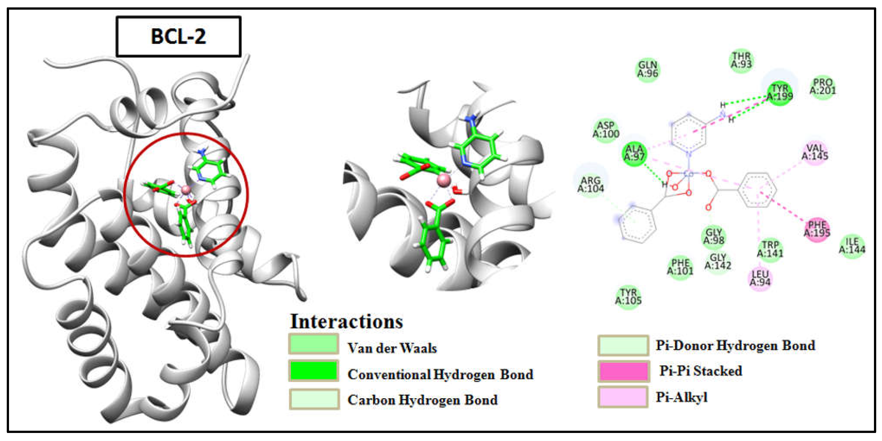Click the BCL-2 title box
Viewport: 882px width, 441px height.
coord(178,36)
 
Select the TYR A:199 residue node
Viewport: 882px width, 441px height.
coord(780,92)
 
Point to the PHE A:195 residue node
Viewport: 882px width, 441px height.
coord(817,229)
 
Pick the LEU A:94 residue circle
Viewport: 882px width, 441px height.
coord(760,278)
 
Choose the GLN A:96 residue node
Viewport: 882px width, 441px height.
coord(648,69)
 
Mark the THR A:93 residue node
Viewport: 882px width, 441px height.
coord(741,60)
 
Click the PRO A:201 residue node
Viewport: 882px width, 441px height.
coord(823,87)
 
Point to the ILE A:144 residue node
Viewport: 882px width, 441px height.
coord(852,245)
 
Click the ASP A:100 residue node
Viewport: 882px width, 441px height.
coord(606,129)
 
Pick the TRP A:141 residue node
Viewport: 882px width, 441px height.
coord(770,249)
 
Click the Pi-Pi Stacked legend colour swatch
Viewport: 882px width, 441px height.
coord(623,371)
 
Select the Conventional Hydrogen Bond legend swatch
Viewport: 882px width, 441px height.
coord(314,371)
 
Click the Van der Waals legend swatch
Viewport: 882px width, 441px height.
coord(314,344)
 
